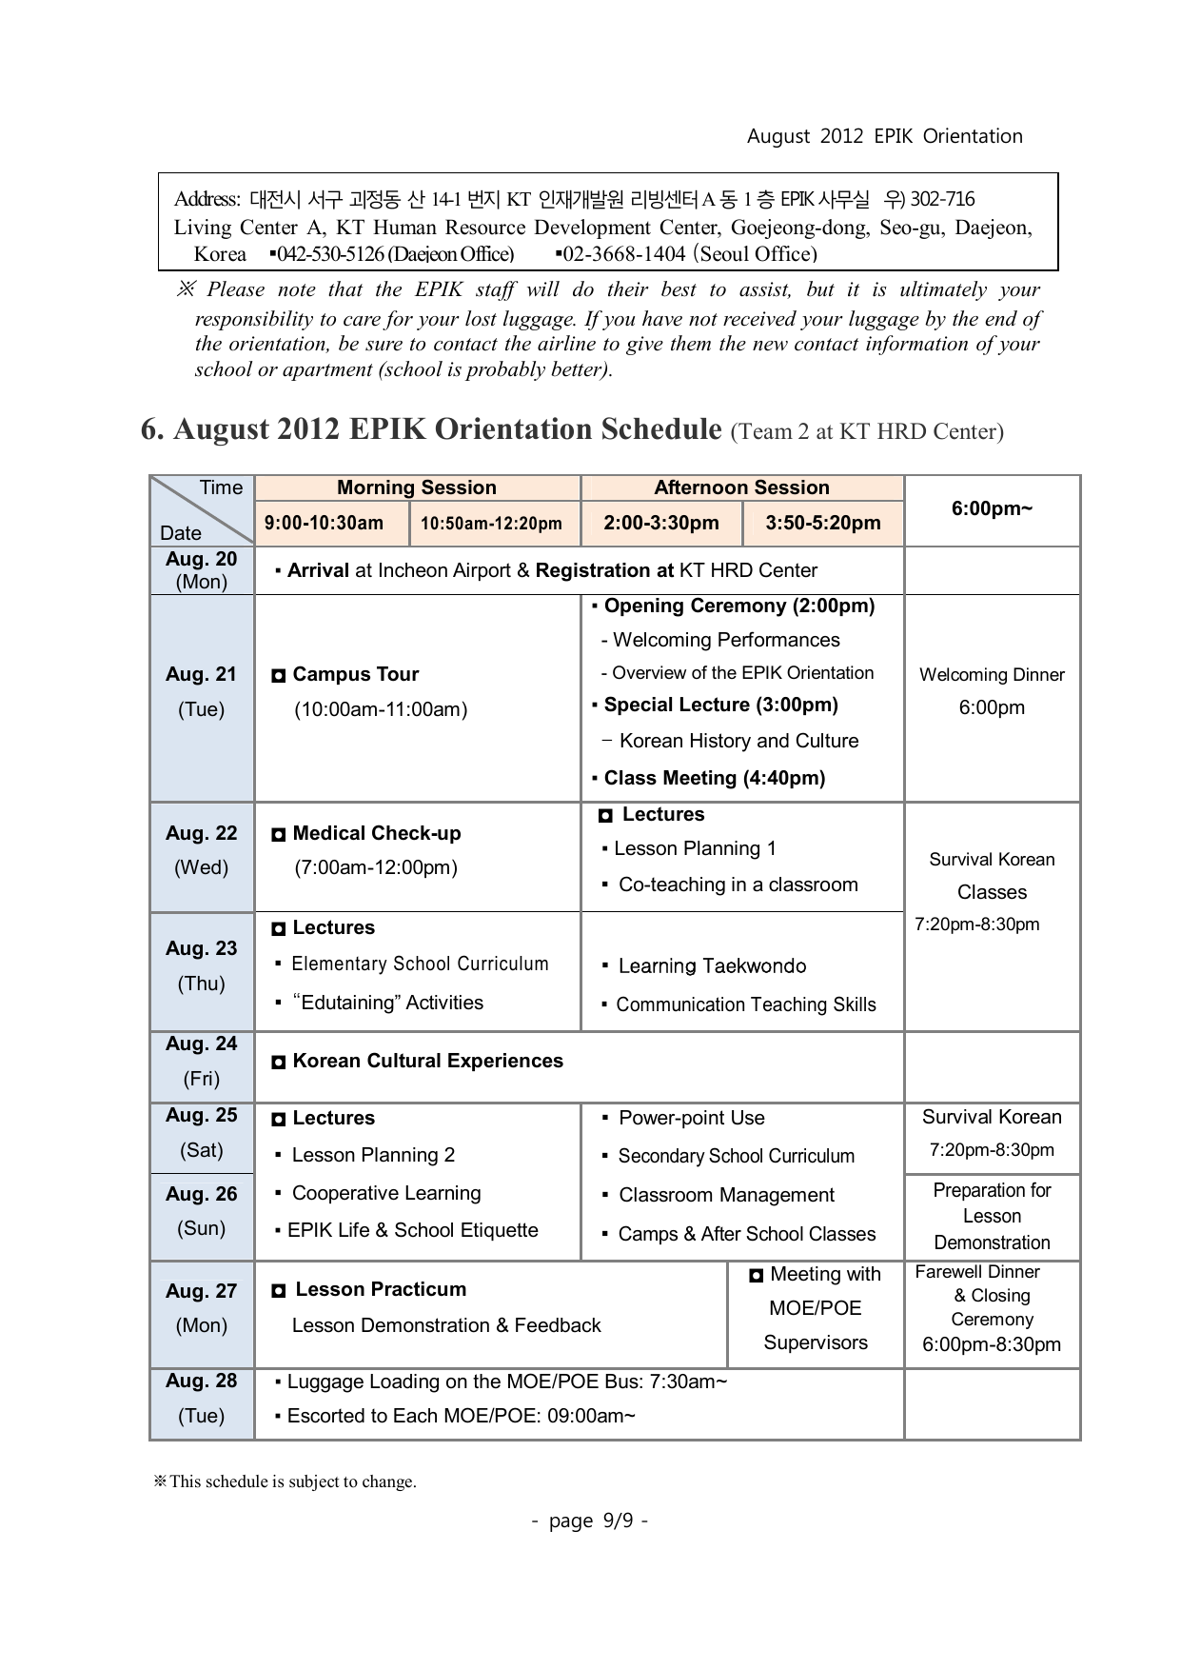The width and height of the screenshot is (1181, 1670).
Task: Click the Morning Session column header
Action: coord(417,487)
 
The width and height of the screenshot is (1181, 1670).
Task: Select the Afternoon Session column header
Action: coord(741,487)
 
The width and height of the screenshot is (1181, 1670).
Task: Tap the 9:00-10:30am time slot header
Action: coord(324,523)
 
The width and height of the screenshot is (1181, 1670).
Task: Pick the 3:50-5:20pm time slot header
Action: coord(823,523)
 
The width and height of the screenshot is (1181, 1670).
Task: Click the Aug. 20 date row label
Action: coord(201,569)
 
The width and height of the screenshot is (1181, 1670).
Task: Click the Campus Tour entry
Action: coord(355,674)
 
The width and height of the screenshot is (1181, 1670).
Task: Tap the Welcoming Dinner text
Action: coord(992,675)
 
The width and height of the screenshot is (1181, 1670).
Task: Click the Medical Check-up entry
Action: coord(376,833)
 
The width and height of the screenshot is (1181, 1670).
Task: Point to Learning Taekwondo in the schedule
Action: coord(712,966)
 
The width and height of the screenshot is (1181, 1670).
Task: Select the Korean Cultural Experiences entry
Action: coord(427,1061)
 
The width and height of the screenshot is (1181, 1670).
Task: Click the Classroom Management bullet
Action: coord(726,1195)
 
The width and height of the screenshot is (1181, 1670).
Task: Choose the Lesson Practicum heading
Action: coord(380,1289)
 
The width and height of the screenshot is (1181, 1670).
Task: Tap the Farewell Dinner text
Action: coord(977,1272)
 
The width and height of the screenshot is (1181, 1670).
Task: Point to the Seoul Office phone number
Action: coord(685,254)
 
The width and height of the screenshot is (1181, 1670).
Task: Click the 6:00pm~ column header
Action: coord(992,508)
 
